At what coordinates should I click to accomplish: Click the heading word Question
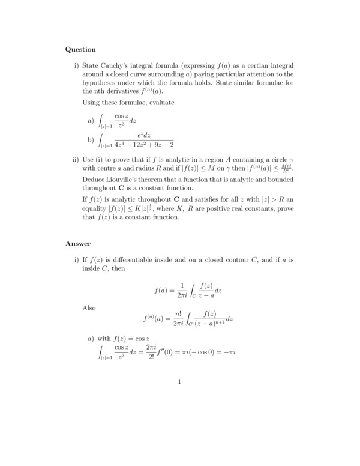80,49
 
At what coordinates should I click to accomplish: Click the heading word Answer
78,244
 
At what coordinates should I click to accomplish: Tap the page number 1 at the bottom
179,382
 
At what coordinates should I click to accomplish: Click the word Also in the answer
89,307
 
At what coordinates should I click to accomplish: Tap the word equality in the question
97,208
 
